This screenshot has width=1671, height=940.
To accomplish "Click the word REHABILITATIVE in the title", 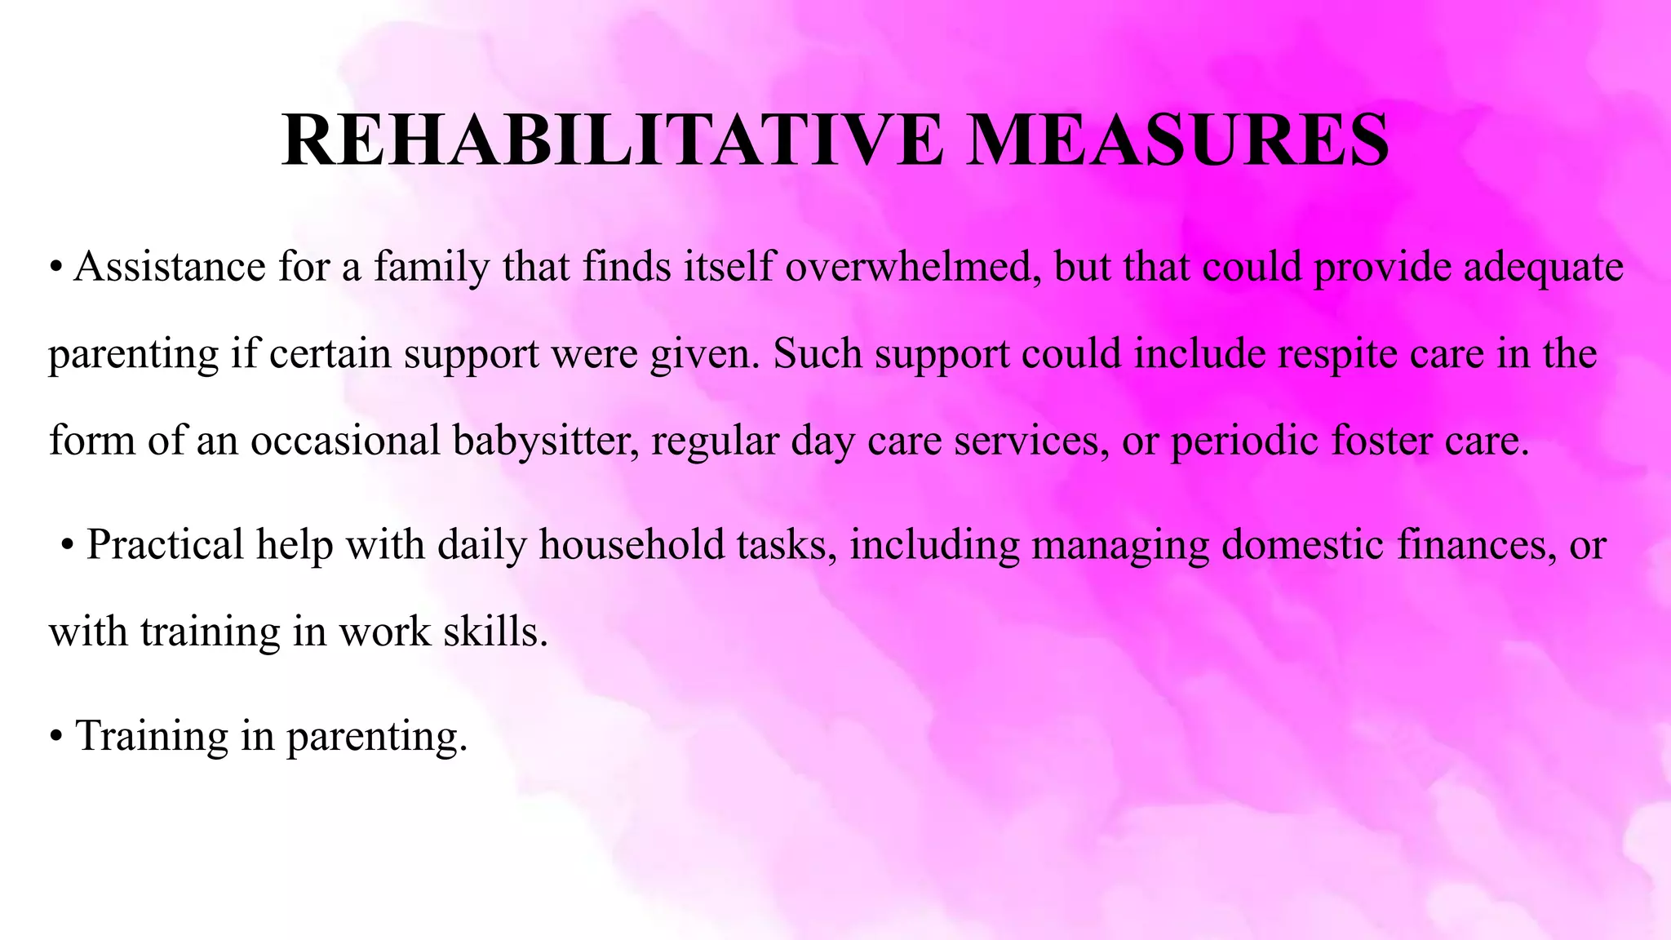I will click(x=612, y=141).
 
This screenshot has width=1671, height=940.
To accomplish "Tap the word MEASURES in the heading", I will click(x=1180, y=141).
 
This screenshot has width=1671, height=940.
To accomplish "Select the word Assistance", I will click(x=170, y=267).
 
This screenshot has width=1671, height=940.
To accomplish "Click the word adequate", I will click(x=1543, y=267).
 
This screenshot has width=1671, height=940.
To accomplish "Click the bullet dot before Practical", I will click(x=69, y=546).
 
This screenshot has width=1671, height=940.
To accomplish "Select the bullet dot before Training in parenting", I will click(x=55, y=737).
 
